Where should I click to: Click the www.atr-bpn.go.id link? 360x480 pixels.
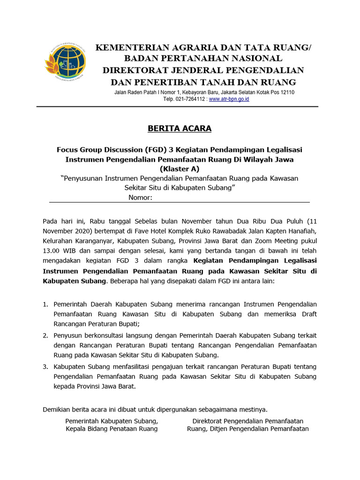tap(229, 99)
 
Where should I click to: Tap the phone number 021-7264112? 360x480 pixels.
tap(191, 99)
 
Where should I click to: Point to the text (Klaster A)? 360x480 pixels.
tap(180, 169)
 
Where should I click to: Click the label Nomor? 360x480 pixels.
tap(140, 197)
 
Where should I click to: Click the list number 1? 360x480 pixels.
tap(45, 304)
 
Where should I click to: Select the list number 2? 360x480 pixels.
tap(45, 336)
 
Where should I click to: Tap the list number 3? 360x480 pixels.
tap(45, 366)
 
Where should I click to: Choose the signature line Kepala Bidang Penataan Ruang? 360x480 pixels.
tap(112, 428)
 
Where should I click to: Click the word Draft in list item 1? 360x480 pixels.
tap(307, 314)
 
